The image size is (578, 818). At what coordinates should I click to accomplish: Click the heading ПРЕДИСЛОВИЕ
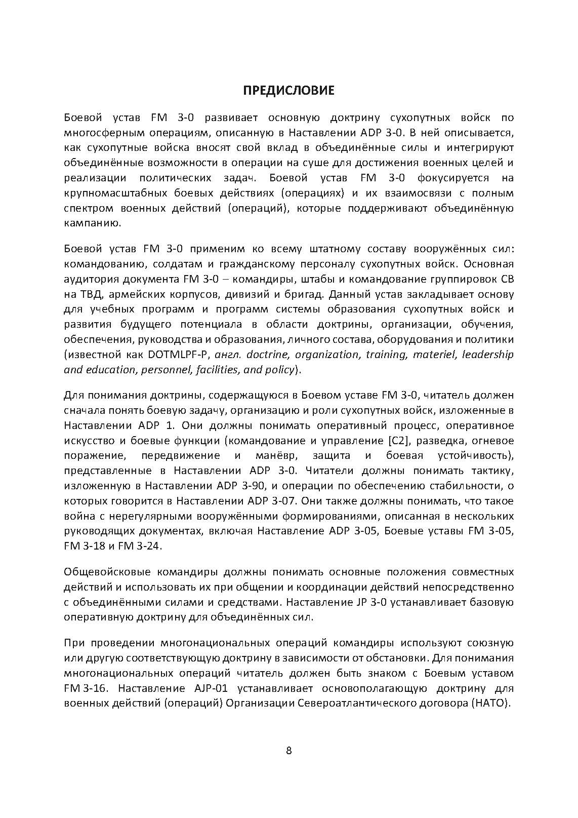coord(288,91)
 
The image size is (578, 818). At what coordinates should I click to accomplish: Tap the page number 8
coord(288,750)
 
